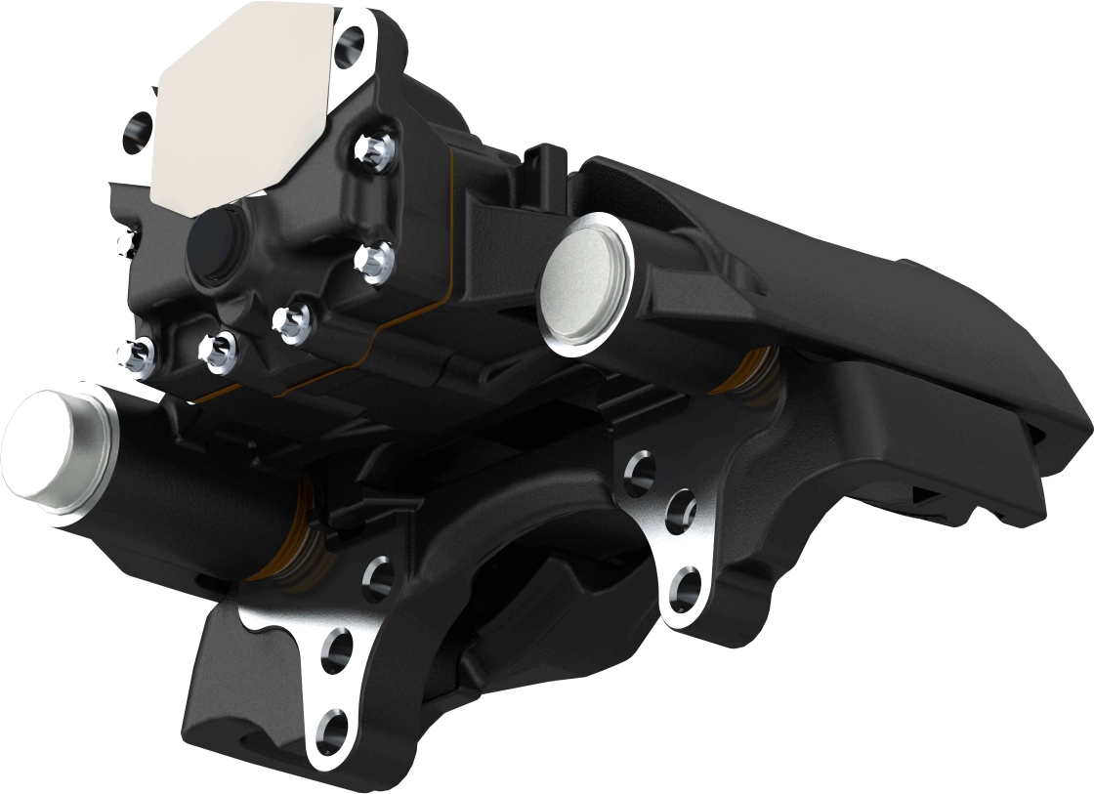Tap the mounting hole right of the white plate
click(x=349, y=43)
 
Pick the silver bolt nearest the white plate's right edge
click(x=372, y=147)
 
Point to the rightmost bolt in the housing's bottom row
click(x=292, y=318)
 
